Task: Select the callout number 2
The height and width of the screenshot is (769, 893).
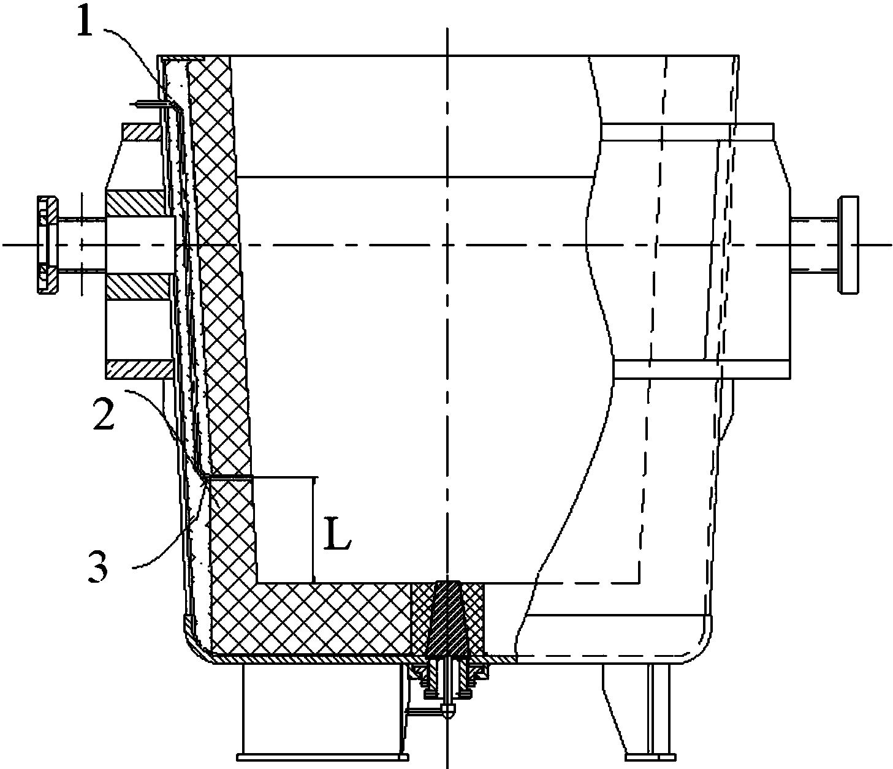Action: tap(104, 412)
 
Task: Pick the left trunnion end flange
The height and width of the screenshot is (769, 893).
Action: tap(48, 245)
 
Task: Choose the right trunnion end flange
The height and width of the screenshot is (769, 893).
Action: tap(848, 245)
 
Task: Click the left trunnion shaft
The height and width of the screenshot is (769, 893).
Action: tap(82, 245)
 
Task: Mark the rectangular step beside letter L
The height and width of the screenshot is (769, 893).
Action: tap(283, 530)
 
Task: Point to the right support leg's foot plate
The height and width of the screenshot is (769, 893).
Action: tap(650, 757)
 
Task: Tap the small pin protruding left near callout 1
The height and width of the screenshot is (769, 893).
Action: tap(148, 104)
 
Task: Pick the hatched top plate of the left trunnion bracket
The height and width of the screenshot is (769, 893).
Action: tap(143, 132)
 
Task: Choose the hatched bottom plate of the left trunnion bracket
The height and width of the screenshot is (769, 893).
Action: tap(140, 370)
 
